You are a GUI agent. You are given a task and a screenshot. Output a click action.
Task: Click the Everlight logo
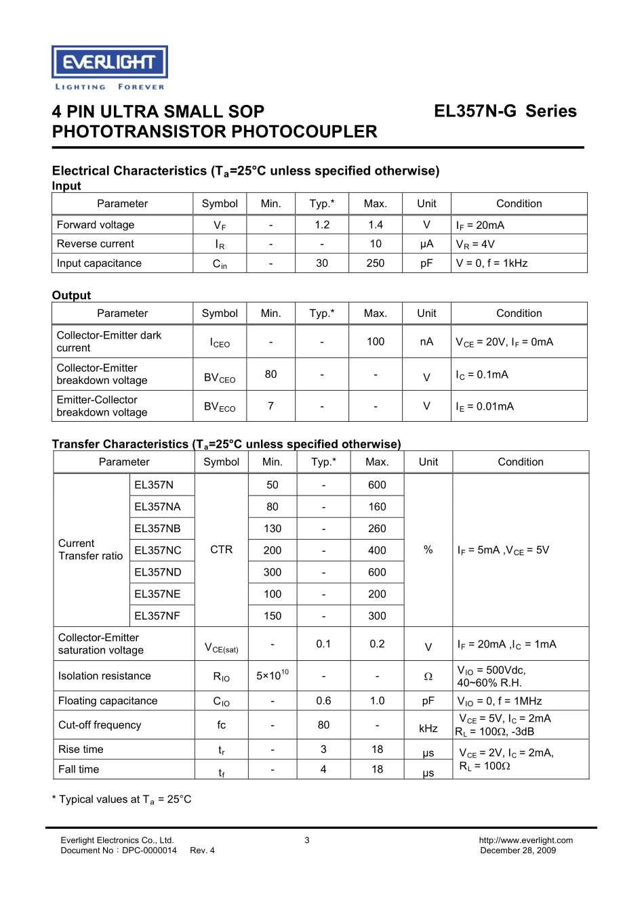click(110, 67)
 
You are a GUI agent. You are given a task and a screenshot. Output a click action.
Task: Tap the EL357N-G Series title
click(505, 112)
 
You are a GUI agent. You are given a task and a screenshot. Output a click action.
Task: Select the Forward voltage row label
click(96, 225)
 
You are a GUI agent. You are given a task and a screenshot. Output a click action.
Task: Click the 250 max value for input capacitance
click(376, 263)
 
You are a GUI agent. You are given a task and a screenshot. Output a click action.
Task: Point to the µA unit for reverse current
click(426, 244)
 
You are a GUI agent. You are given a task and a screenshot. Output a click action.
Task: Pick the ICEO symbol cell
click(220, 343)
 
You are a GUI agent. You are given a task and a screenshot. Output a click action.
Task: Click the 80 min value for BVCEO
click(270, 374)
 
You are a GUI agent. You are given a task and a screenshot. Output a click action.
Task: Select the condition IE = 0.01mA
click(485, 407)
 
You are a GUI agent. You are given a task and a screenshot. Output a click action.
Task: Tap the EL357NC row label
click(158, 550)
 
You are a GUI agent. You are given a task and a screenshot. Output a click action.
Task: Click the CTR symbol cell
click(222, 550)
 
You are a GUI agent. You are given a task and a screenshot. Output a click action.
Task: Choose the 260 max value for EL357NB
click(377, 529)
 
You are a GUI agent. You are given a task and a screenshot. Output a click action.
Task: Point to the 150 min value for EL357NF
click(273, 616)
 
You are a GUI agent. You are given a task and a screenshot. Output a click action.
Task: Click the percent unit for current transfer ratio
click(428, 550)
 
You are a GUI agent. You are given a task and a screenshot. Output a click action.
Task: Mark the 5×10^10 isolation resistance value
click(273, 676)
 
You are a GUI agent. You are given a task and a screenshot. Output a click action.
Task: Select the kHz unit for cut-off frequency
click(428, 729)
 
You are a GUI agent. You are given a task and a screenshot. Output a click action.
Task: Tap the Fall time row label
click(79, 770)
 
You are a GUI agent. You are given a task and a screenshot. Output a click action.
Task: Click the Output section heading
click(71, 295)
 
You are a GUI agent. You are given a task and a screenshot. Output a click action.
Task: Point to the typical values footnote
click(122, 800)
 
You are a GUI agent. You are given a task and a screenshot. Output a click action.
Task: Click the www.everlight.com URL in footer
click(525, 840)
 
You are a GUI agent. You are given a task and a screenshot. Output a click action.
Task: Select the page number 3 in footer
click(307, 840)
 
